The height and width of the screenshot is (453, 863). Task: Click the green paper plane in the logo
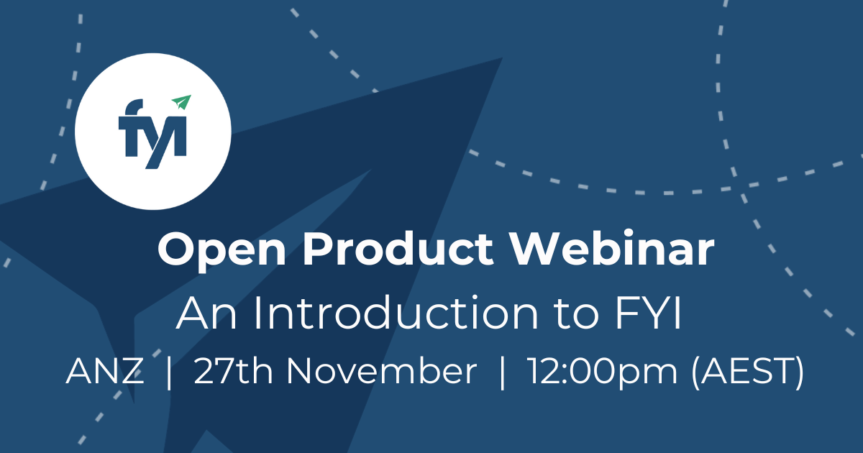coord(182,101)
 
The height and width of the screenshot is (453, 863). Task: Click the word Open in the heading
coord(222,250)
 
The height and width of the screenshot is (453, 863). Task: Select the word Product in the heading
coord(398,249)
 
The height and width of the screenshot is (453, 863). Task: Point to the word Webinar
coord(613,249)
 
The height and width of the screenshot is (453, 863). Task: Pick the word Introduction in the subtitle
coord(396,313)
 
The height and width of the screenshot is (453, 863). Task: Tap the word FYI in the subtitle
coord(648,313)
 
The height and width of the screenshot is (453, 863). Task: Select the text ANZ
coord(105,371)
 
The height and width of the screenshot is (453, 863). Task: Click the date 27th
coord(234,371)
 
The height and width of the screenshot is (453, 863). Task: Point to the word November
coord(381,371)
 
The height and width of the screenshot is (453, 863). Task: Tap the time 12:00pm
coord(602,372)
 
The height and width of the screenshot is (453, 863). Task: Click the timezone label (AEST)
coord(748,372)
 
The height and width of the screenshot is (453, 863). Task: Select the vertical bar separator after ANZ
coord(168,372)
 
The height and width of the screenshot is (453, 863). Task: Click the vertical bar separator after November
coord(502,372)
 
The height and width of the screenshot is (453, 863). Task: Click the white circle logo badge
coord(153,132)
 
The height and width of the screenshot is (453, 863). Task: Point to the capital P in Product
coord(319,250)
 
